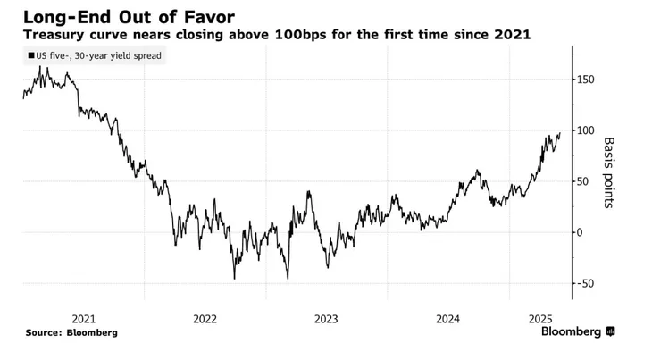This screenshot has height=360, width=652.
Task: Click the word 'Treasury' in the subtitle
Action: click(x=55, y=35)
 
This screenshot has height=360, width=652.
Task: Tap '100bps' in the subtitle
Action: click(x=326, y=35)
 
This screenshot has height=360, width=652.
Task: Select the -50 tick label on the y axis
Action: click(x=588, y=283)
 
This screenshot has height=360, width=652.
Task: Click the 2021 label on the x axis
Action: click(x=83, y=318)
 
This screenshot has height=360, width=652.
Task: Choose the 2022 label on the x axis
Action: click(x=205, y=318)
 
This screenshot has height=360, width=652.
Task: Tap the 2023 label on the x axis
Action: click(x=326, y=318)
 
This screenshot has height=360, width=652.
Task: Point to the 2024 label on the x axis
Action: click(x=447, y=318)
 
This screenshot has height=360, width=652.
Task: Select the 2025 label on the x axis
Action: click(x=539, y=318)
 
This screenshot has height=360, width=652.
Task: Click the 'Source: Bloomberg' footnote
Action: click(x=71, y=332)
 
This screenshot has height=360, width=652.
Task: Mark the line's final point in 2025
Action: click(x=560, y=134)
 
